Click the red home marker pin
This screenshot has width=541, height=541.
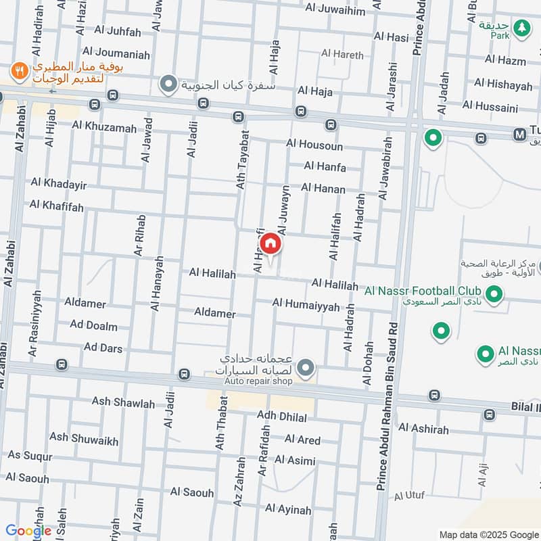270,243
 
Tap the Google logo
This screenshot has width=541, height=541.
28,531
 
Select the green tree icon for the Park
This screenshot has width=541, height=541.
521,28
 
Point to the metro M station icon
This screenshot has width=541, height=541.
519,135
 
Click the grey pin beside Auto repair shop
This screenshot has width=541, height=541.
306,368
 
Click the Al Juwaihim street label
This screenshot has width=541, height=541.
335,10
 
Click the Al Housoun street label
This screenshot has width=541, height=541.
314,145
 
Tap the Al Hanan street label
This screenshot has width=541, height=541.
323,189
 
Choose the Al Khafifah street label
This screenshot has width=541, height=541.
57,206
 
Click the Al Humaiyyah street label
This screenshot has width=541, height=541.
306,305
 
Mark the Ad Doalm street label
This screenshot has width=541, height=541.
93,325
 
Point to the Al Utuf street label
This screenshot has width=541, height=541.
409,496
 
